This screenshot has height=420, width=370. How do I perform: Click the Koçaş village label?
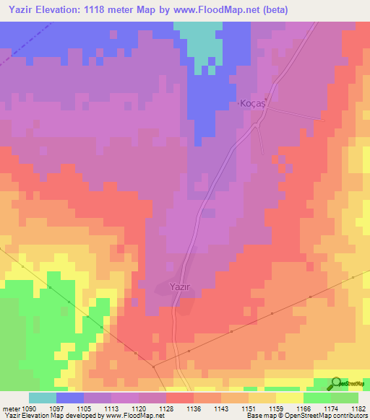[253, 105]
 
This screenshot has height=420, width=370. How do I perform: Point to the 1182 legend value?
[358, 408]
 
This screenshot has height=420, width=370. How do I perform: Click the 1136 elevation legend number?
[194, 408]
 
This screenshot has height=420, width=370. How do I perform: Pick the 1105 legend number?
[85, 408]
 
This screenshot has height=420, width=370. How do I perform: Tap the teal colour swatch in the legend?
[43, 398]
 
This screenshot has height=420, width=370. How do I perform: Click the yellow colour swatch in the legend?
[289, 398]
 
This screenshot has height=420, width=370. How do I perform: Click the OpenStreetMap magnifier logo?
[336, 383]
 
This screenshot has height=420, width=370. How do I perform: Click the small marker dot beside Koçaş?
[266, 100]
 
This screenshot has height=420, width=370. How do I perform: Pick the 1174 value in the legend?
[330, 408]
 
